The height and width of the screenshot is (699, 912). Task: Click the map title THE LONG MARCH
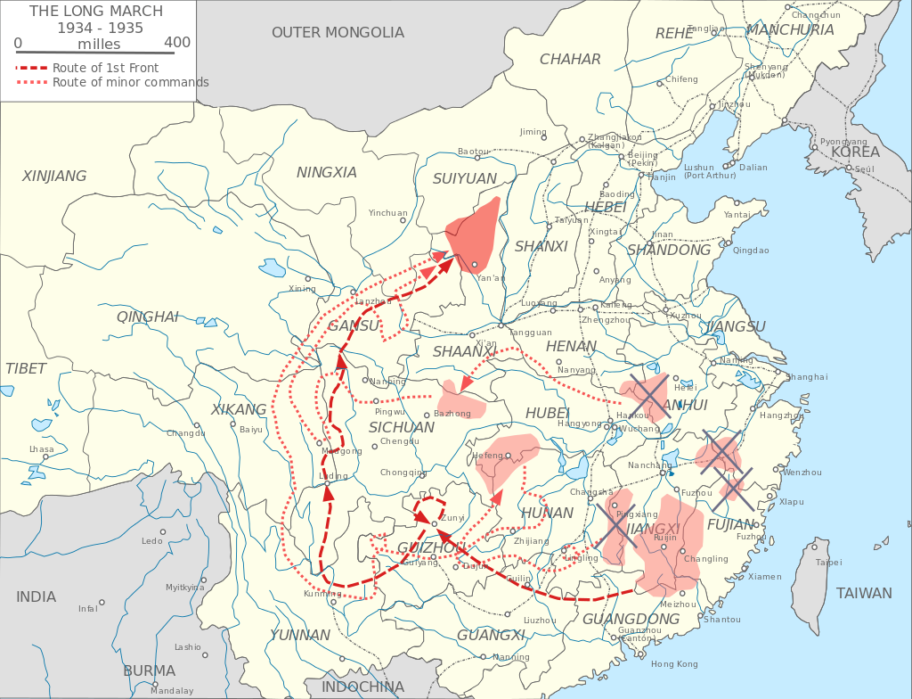96,12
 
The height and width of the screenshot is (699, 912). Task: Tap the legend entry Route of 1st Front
105,68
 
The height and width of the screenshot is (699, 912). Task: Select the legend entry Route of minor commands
130,82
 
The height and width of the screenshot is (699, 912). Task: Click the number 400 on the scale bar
176,43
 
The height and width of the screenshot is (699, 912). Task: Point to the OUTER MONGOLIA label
338,33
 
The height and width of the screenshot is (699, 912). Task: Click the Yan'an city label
491,278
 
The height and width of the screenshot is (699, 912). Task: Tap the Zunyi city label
453,517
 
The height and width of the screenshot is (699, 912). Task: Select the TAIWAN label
863,594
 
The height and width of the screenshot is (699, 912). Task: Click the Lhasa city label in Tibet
41,449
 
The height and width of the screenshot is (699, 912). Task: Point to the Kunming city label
322,594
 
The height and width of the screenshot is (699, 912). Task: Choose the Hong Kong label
674,664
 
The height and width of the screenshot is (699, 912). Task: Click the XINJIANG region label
54,177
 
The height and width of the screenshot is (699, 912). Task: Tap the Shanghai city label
807,377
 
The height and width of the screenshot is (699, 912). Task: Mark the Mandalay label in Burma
172,691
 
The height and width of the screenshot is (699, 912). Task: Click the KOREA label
855,152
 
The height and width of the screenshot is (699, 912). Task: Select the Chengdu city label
398,441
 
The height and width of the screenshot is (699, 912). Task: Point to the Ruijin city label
664,538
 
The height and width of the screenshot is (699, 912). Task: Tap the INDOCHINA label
362,687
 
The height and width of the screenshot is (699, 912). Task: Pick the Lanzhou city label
373,301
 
